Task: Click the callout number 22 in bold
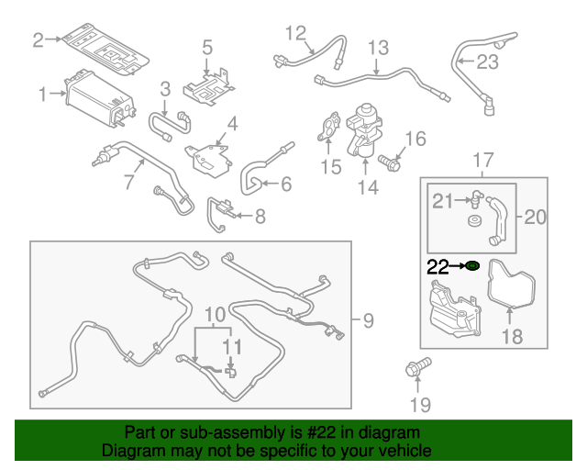437,266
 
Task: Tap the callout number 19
419,405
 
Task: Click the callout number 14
367,187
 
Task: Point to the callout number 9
367,320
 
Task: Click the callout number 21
443,201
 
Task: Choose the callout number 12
294,34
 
